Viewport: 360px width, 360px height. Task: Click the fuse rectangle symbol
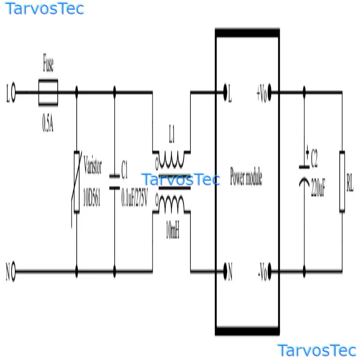(48, 92)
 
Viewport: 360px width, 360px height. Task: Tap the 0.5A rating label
(48, 123)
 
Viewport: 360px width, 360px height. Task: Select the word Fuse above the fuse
(48, 63)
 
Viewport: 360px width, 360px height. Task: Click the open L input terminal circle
(13, 92)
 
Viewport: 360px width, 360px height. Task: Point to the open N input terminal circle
(13, 271)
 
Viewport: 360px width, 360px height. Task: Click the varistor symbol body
(76, 182)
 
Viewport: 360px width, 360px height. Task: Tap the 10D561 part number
(92, 197)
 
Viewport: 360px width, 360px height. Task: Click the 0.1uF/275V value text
(135, 197)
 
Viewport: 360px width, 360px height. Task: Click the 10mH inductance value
(172, 229)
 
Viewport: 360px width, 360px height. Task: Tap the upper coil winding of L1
(171, 160)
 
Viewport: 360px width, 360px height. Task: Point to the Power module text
(246, 177)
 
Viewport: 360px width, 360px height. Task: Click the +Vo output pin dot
(270, 92)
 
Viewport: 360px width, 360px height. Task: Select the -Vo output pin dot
(270, 271)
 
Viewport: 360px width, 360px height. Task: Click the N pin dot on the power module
(225, 271)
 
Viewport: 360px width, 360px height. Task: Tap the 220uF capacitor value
(318, 187)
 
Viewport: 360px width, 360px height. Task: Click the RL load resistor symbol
(342, 181)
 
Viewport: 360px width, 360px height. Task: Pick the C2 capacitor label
(314, 158)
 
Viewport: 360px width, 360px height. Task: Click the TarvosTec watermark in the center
(181, 179)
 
